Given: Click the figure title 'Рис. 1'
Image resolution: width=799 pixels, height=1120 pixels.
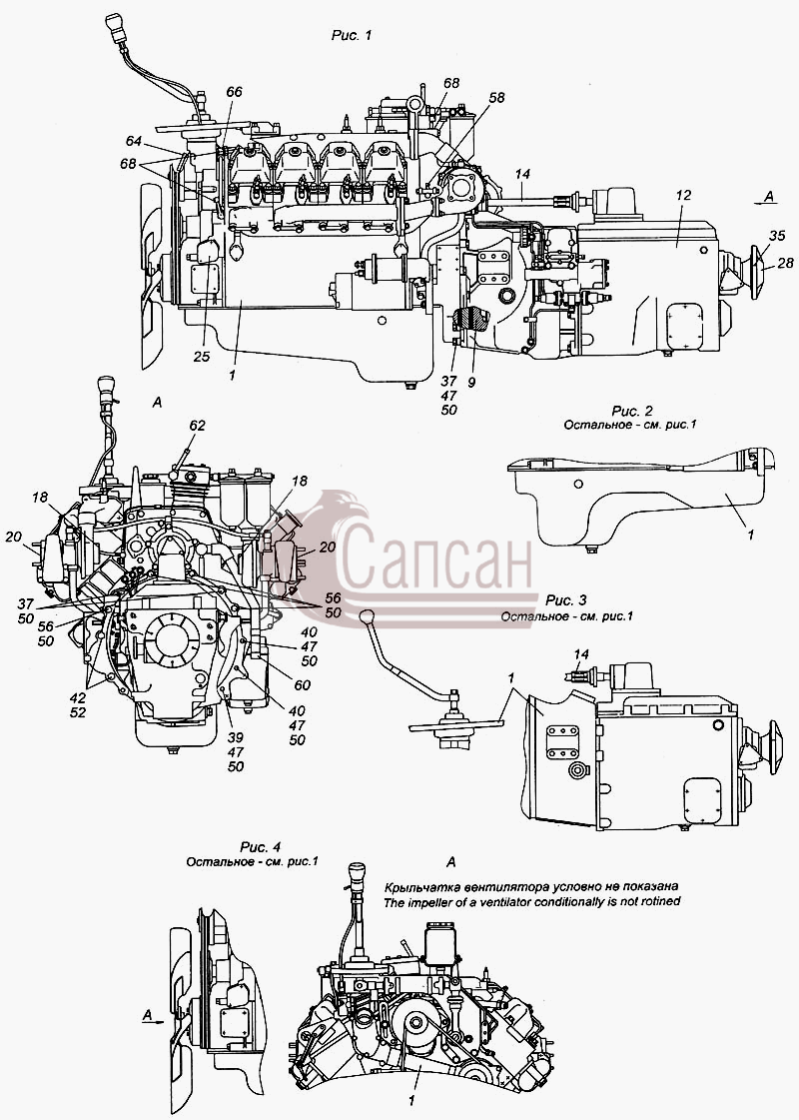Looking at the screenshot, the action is [x=352, y=35].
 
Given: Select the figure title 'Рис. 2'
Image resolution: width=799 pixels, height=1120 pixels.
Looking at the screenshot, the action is [x=632, y=411].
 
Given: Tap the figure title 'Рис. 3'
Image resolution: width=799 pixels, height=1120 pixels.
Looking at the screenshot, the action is [x=566, y=600].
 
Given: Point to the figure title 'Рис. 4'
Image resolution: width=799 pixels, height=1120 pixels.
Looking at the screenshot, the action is [x=260, y=847].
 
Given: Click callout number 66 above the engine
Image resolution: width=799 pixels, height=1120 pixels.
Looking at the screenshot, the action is [x=234, y=92].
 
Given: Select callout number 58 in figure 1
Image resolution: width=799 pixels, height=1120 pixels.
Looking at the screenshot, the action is [x=496, y=97].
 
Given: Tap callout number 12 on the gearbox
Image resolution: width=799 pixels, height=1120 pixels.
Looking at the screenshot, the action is [x=683, y=194].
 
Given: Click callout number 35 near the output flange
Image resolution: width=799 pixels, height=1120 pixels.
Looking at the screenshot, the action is [x=777, y=236].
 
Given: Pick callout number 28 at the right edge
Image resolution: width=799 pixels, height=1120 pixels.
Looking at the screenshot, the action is [x=785, y=263].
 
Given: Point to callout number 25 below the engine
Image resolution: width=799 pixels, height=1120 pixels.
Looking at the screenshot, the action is [x=202, y=356].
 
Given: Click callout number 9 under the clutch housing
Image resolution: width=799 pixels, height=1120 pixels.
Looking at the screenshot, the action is [x=471, y=382].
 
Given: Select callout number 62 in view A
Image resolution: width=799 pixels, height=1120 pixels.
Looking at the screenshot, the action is [x=197, y=425].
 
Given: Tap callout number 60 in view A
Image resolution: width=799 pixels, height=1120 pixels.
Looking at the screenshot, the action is [x=302, y=685].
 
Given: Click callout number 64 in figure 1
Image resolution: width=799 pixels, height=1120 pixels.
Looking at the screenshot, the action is [x=134, y=142].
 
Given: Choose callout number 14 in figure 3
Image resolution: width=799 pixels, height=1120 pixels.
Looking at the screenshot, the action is [x=581, y=653].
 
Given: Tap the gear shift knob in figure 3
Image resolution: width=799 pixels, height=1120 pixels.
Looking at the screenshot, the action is [x=367, y=616].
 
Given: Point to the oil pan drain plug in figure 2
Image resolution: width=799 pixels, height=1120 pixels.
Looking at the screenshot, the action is [x=589, y=549].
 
